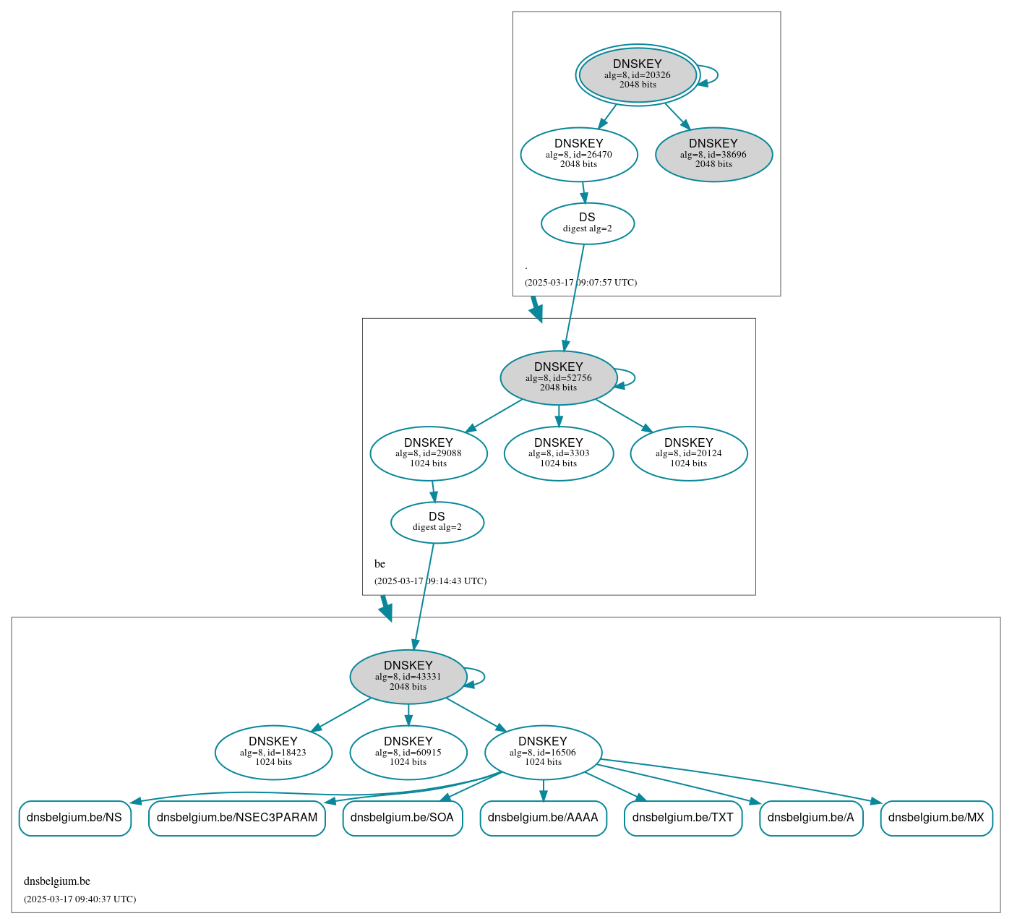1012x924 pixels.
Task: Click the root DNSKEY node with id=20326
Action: point(638,74)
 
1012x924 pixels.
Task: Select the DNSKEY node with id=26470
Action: point(579,154)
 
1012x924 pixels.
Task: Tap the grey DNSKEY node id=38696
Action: point(713,154)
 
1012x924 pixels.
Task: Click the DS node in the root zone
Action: point(587,223)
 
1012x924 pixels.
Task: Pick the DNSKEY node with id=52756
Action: point(558,377)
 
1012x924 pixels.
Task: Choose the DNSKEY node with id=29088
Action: point(429,453)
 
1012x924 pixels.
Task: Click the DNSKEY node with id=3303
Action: point(559,453)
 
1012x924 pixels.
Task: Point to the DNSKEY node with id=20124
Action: point(689,453)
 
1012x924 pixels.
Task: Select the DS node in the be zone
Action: point(437,522)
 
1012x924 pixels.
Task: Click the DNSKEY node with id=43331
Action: point(408,677)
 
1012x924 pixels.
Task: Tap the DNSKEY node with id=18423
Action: point(273,753)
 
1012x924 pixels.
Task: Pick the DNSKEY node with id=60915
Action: point(408,753)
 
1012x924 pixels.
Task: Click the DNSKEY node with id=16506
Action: point(543,753)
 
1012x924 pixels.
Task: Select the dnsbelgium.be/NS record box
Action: point(74,818)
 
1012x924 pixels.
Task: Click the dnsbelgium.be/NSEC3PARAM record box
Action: point(237,818)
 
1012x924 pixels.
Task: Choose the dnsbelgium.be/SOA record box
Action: point(402,818)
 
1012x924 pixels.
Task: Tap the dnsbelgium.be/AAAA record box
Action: point(543,818)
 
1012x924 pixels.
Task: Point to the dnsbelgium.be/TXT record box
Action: point(683,818)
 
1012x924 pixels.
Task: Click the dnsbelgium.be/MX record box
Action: point(936,818)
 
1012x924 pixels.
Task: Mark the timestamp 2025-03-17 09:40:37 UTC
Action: point(80,899)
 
